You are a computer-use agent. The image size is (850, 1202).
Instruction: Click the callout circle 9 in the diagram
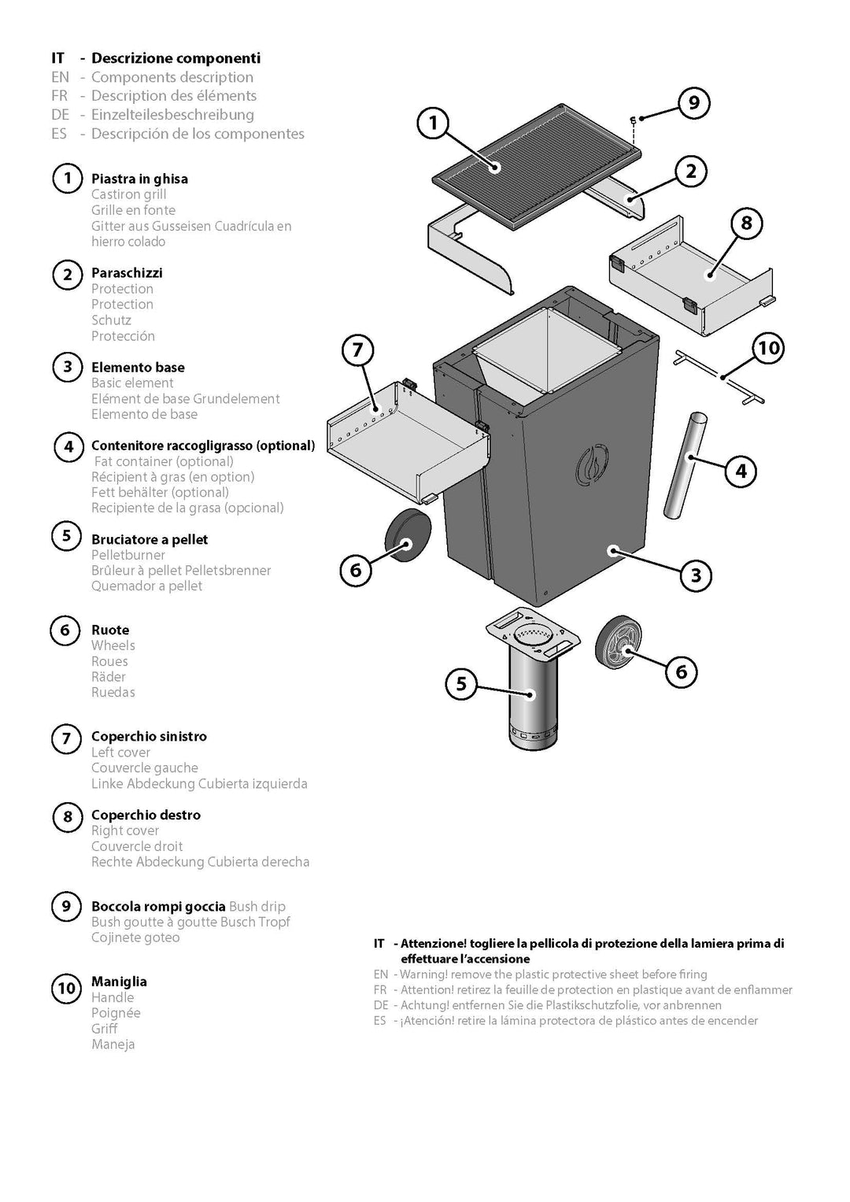click(694, 102)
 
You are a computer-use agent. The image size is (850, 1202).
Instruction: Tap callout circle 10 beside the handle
click(768, 348)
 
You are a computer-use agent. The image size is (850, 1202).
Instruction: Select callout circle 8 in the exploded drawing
click(746, 223)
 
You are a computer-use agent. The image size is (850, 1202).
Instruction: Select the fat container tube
click(686, 465)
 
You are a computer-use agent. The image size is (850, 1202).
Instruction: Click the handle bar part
click(719, 377)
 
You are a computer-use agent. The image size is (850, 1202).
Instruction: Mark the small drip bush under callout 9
click(634, 120)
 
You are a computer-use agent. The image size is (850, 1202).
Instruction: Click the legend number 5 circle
click(67, 535)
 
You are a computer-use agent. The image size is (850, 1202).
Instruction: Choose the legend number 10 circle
click(67, 988)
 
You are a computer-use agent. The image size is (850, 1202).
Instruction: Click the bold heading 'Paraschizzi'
click(127, 272)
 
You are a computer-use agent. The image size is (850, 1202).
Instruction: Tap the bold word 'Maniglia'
click(119, 982)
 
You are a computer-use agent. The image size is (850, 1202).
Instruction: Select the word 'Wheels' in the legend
click(113, 645)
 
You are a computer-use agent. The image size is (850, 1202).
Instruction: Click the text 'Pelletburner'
click(128, 555)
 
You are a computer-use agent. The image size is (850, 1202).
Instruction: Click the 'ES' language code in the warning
click(379, 1021)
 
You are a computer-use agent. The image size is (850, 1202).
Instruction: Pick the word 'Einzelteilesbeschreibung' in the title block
click(172, 115)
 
